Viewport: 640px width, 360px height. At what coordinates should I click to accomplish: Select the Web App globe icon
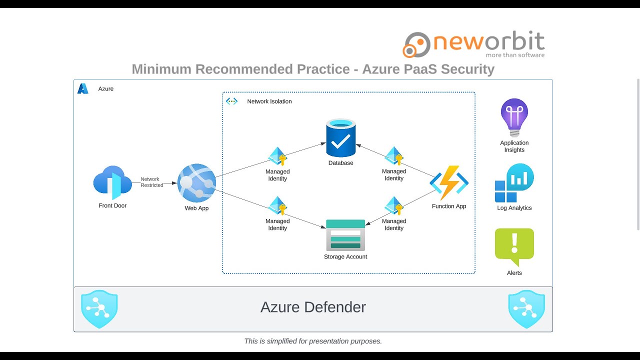point(196,183)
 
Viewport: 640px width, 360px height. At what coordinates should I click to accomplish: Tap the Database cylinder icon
point(340,138)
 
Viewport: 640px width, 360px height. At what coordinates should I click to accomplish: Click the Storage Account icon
point(345,235)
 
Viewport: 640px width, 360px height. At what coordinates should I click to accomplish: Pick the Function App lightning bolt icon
point(448,183)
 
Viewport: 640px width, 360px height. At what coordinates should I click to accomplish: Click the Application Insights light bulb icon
point(514,117)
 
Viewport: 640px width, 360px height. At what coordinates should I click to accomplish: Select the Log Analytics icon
point(514,183)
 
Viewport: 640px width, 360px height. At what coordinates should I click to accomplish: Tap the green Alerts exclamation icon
point(514,246)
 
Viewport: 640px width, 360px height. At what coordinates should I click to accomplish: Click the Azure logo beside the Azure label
point(83,89)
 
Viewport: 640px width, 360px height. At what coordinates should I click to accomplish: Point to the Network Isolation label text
point(269,101)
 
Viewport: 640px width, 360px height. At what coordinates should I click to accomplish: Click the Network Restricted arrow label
point(151,182)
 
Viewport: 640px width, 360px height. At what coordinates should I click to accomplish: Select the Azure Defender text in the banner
point(313,307)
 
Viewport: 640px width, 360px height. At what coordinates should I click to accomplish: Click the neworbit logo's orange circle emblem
point(416,44)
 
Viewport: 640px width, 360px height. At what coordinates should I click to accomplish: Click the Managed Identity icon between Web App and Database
point(277,156)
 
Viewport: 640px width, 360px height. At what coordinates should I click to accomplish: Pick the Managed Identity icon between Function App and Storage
point(394,206)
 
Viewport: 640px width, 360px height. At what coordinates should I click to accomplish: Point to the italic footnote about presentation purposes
point(313,341)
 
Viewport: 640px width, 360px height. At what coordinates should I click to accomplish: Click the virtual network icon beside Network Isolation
point(231,101)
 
